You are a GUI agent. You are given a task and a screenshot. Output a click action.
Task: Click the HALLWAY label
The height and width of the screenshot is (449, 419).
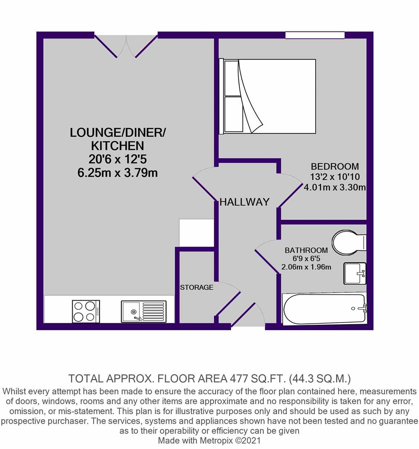point(245,202)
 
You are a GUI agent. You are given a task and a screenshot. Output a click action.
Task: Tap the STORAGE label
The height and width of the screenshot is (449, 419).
point(197,287)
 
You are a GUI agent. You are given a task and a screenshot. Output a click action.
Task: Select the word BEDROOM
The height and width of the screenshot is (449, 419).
point(335,166)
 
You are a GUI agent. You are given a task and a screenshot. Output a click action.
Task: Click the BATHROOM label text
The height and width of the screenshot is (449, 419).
point(306,250)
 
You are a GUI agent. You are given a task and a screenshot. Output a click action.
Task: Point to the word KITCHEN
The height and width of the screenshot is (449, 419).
point(117,146)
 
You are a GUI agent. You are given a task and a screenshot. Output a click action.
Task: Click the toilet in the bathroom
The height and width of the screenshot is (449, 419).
point(349,242)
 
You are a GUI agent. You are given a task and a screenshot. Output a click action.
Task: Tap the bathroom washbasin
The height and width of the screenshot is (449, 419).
point(355,274)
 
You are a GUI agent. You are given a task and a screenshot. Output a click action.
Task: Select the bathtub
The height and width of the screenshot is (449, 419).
point(324,308)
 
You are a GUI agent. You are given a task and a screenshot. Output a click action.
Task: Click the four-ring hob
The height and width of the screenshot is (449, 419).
point(86,311)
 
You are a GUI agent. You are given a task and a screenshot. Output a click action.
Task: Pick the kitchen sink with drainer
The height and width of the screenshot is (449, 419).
point(144,311)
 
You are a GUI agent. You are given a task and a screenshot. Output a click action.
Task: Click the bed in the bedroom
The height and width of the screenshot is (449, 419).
point(267,96)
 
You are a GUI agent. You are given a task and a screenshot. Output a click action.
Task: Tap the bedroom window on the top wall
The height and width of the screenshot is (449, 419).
point(315,35)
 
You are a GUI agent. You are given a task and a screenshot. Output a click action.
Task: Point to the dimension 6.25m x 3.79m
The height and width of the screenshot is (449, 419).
point(117,173)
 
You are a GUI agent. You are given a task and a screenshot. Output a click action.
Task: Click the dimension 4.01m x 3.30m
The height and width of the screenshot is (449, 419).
point(335,187)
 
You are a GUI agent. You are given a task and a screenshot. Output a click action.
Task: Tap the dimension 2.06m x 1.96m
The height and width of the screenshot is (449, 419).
point(307,267)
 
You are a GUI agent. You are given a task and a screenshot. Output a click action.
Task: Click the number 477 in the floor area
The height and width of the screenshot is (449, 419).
point(239,379)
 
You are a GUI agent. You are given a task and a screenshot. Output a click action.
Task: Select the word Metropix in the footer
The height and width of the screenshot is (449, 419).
point(217,440)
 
